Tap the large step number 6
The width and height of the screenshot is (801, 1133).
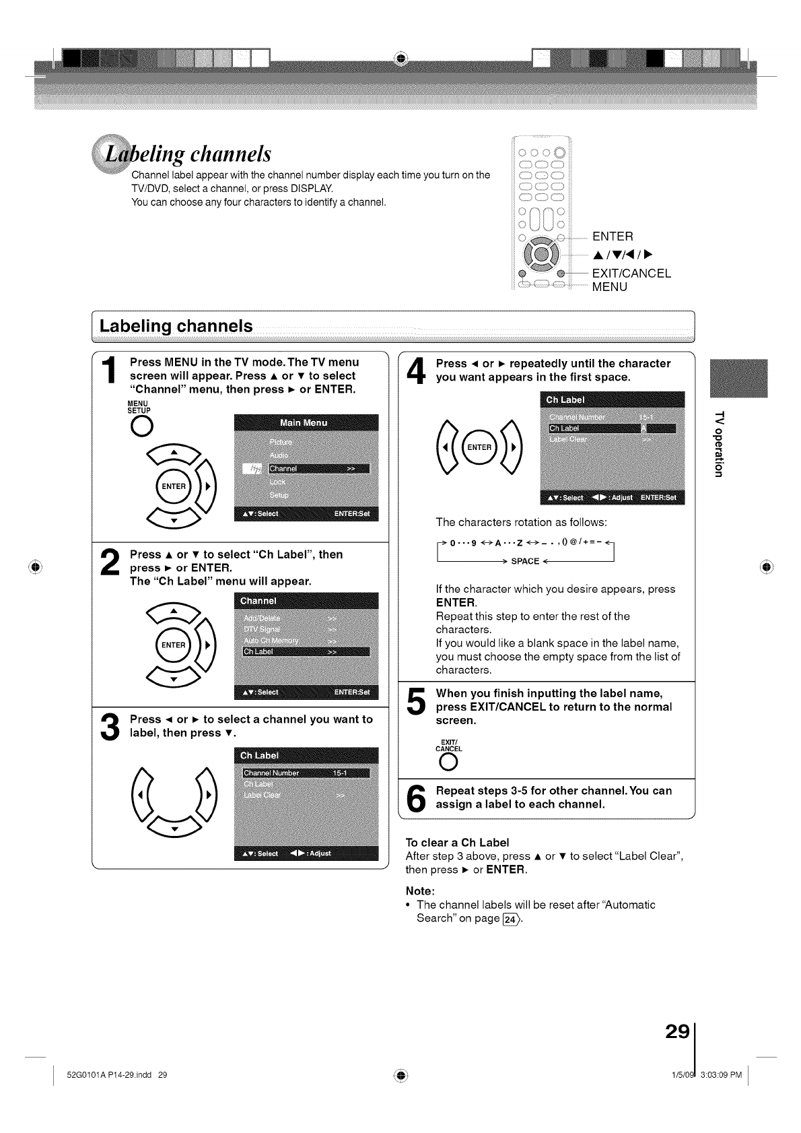[x=417, y=799]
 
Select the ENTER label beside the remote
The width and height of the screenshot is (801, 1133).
[x=613, y=236]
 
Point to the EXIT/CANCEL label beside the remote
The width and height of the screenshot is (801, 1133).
[x=631, y=273]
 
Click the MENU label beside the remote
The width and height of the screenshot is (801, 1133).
[x=609, y=287]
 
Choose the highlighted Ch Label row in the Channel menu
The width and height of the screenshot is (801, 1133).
[x=306, y=651]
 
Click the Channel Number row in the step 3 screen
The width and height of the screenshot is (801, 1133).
[x=306, y=773]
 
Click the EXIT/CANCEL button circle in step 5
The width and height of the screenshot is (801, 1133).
[x=447, y=762]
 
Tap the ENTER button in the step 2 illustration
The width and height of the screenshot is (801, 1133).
[x=174, y=645]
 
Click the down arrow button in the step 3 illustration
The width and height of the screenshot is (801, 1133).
[x=174, y=828]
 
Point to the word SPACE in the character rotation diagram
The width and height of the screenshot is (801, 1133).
[x=525, y=562]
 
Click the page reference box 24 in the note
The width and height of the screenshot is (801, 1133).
[x=511, y=919]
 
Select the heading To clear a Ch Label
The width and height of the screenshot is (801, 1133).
[x=457, y=842]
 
